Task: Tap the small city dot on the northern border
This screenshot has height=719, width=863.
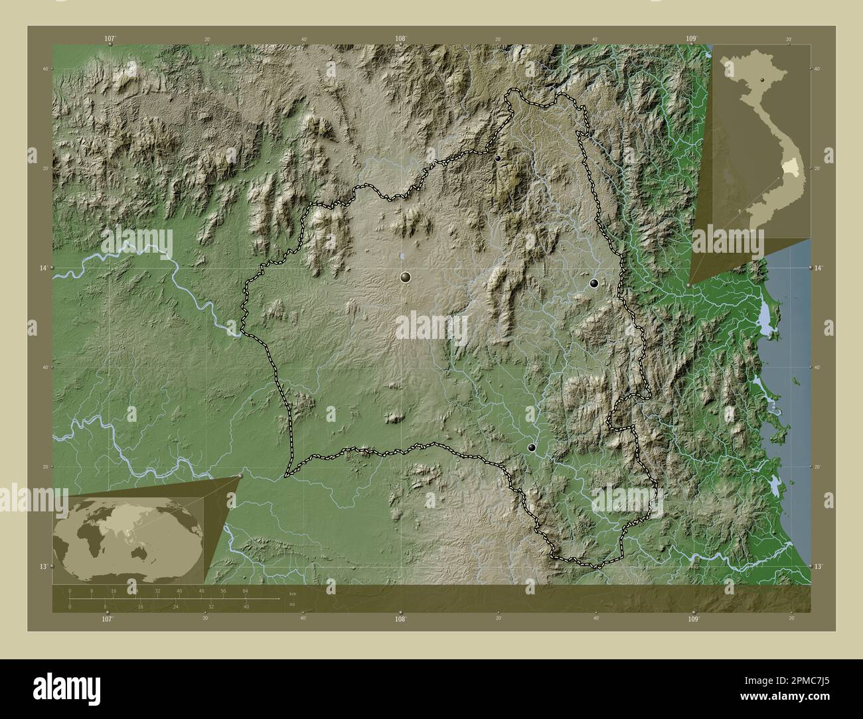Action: [x=498, y=158]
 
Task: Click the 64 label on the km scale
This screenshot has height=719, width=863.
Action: [x=245, y=590]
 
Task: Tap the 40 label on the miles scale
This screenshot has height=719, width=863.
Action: [x=246, y=607]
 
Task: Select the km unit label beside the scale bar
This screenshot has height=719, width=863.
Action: [x=292, y=594]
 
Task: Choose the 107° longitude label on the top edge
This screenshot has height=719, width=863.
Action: [x=110, y=39]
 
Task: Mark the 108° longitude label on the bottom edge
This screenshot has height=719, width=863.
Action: [x=400, y=619]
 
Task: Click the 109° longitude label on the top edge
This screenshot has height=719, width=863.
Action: [x=692, y=39]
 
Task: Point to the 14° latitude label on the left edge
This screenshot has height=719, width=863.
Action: [x=44, y=267]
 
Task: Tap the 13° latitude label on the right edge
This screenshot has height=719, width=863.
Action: [x=819, y=566]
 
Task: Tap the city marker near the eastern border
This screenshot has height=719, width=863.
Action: [x=594, y=283]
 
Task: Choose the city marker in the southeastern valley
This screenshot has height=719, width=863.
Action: [x=531, y=448]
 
